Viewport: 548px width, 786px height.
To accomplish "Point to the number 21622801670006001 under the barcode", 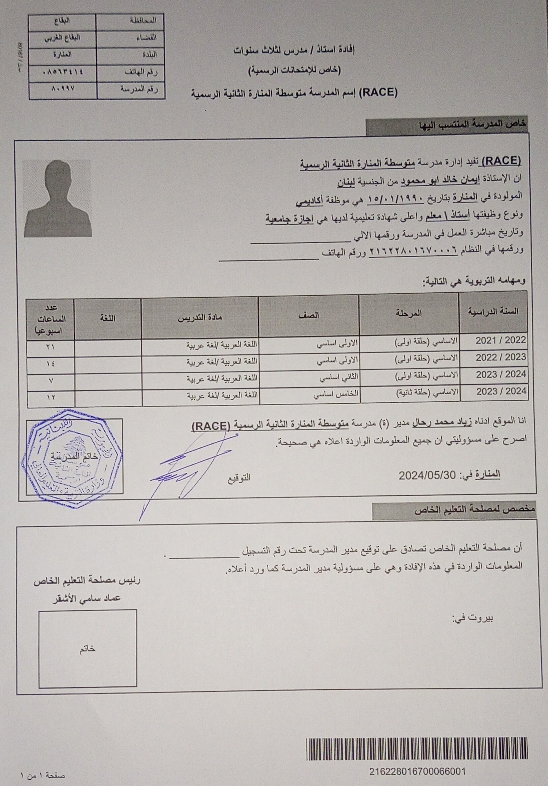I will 417,771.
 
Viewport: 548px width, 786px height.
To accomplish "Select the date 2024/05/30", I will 427,475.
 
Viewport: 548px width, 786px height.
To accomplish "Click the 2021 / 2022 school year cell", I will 500,340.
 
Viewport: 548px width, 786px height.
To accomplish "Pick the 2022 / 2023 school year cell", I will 500,358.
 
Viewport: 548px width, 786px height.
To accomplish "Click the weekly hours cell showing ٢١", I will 51,347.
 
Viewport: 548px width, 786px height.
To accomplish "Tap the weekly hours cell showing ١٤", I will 51,363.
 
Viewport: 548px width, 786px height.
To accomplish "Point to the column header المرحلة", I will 409,313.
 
